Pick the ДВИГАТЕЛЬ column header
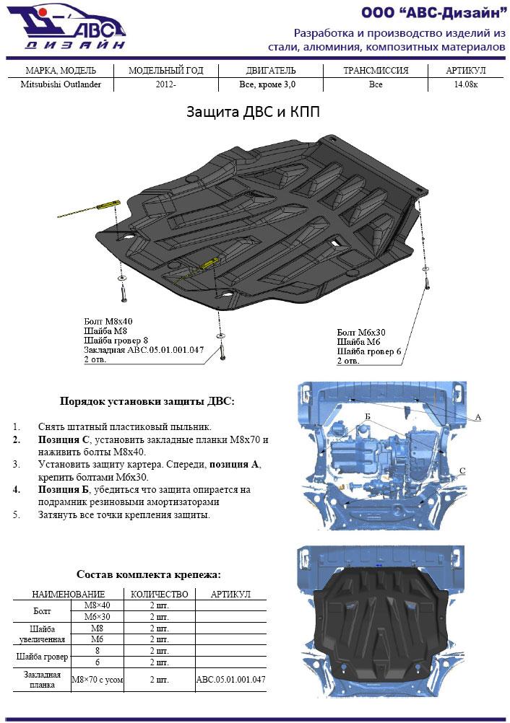[267, 71]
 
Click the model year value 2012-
[165, 84]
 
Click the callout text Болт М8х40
[108, 321]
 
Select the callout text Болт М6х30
[361, 332]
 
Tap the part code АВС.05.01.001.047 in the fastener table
[230, 680]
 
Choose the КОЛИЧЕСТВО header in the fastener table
[159, 594]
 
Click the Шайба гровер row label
[42, 657]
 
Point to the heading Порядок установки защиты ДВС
[147, 400]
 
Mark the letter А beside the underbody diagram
[478, 417]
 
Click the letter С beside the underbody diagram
[462, 470]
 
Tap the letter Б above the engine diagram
[367, 417]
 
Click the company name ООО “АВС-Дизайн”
[433, 12]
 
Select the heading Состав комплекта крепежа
[148, 574]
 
